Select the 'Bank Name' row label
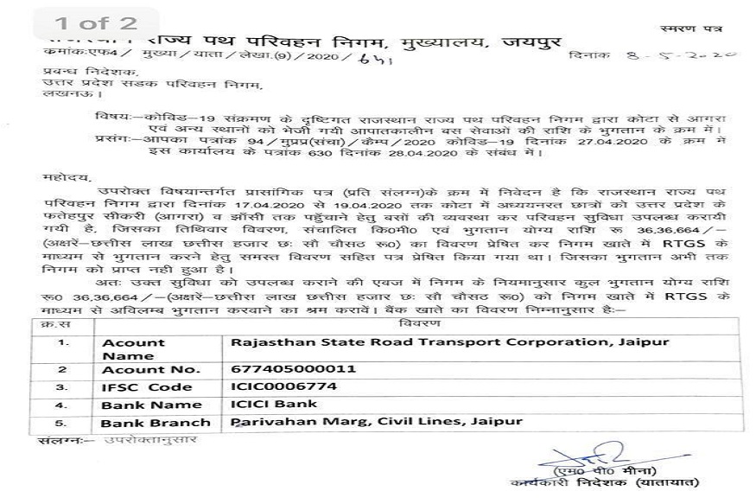click(x=151, y=405)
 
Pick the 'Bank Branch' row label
click(x=156, y=423)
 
